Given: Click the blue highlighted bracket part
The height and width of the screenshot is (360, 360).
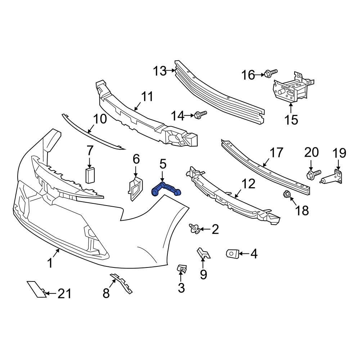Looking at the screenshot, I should click(x=166, y=189).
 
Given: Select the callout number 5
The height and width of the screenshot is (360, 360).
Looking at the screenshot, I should click(x=163, y=165).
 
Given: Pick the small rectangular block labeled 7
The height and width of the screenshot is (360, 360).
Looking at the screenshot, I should click(x=89, y=175).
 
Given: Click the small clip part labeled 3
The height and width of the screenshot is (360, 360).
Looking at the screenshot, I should click(x=182, y=269).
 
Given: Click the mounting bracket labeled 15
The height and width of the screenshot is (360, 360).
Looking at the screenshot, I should click(x=291, y=89).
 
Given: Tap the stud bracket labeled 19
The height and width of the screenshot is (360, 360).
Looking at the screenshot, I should click(x=333, y=177).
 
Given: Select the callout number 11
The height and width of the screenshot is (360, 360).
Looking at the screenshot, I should click(x=147, y=97).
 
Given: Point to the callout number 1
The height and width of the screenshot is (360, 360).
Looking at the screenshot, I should click(x=50, y=264).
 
